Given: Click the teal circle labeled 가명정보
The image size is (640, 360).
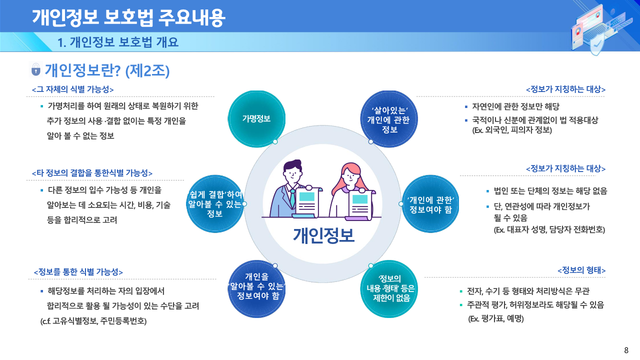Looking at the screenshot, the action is pos(256,119).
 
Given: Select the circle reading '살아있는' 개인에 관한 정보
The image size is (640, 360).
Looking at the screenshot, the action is pos(389,119).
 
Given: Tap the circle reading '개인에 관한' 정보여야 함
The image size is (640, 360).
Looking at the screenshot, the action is pos(430,203).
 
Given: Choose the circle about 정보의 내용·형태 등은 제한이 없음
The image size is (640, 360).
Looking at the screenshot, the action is pos(389,289).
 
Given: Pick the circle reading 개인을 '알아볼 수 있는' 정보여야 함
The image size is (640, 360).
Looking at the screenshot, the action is pos(256,289).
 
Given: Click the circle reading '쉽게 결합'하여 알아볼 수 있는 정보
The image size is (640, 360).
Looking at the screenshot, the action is pos(215,203).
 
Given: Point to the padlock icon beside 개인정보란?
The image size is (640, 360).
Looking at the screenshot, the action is pos(35,69).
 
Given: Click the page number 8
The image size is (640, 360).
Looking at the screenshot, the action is pos(626,350).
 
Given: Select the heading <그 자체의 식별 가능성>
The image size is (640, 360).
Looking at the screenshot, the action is pos(73,89).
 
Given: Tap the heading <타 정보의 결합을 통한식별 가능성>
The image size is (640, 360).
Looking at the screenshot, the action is pos(92,173).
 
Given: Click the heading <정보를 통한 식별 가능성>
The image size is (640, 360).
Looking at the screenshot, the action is pos(78,271).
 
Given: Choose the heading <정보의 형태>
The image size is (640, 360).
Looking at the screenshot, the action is pos(581,270).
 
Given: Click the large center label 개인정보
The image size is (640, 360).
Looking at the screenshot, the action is pos(323,235).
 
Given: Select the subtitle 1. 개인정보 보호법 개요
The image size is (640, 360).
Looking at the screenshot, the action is pos(117,42).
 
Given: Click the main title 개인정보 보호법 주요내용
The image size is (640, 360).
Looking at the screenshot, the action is pos(128,18).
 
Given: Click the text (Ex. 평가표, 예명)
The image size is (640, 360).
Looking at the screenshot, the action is pos(496,318).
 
